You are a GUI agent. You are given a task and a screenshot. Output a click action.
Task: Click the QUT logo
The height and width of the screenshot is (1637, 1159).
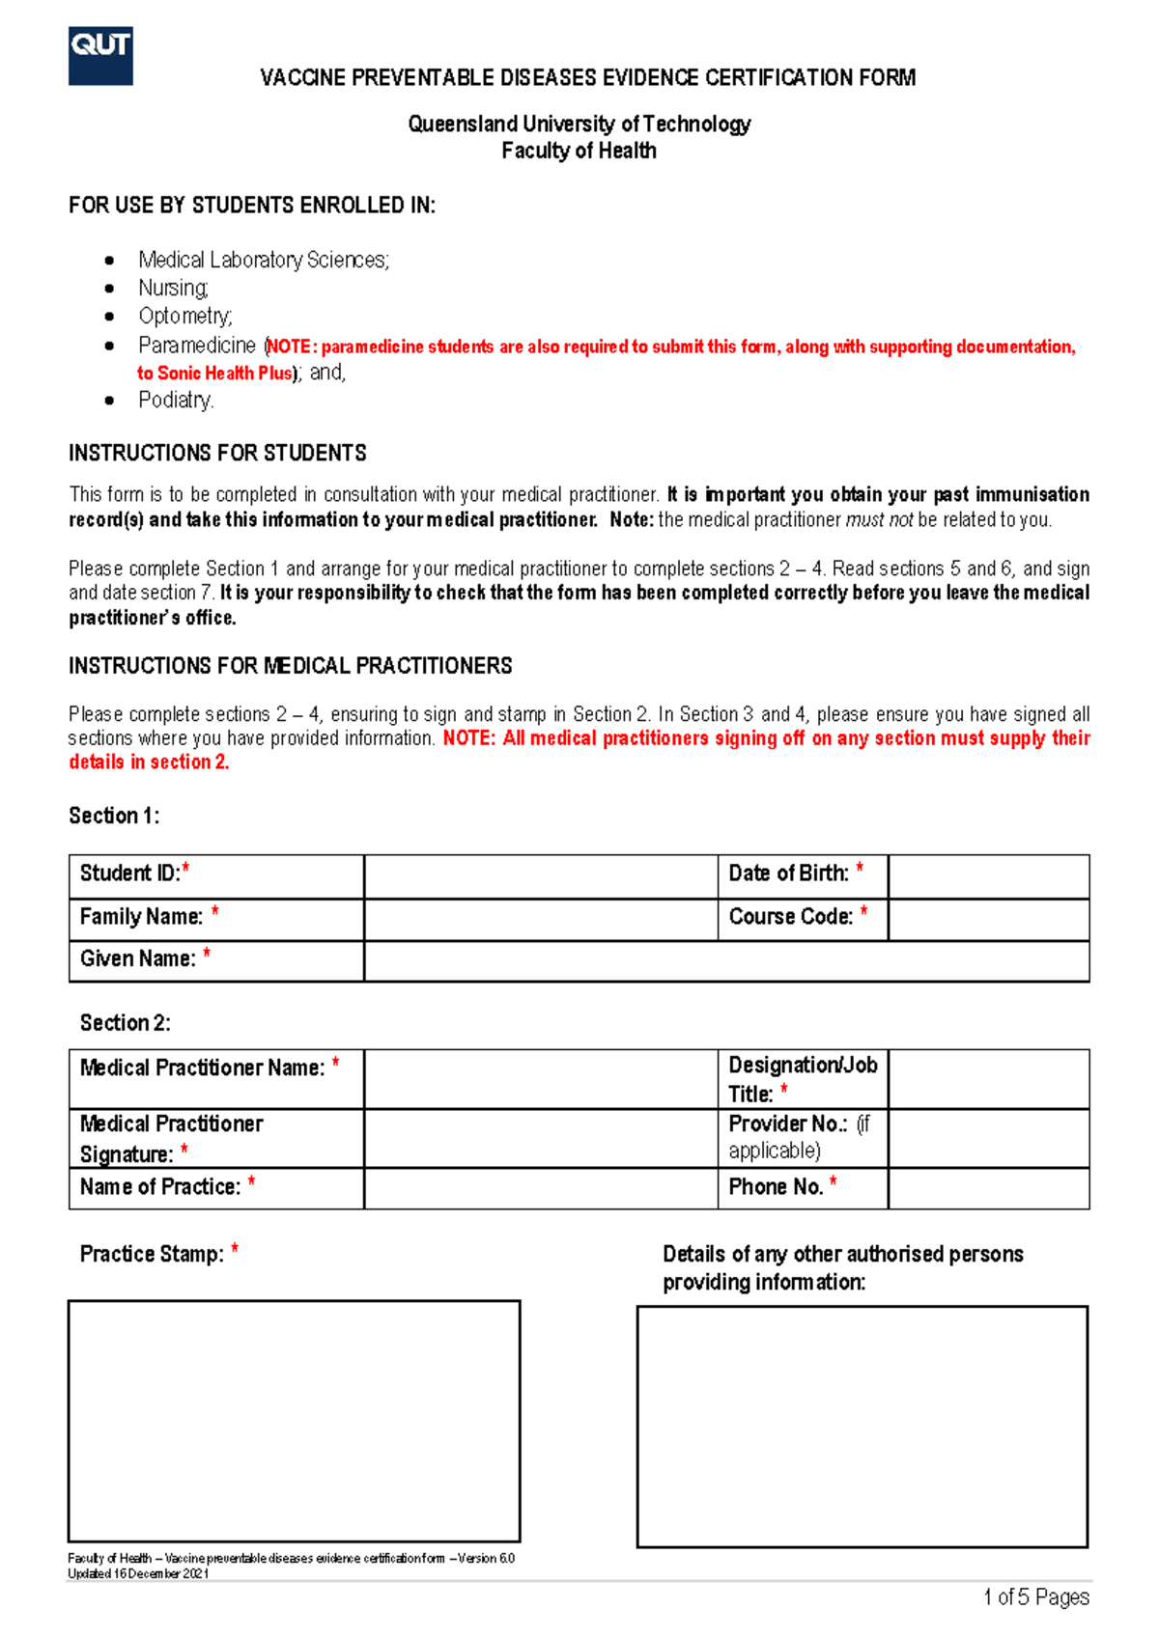(x=100, y=56)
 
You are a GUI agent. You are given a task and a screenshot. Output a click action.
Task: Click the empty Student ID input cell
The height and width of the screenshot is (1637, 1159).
(x=541, y=876)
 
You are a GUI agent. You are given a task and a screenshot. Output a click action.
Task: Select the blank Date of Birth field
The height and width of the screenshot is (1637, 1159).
(x=988, y=876)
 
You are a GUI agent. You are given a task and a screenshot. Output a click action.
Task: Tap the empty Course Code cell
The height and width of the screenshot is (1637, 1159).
(x=988, y=920)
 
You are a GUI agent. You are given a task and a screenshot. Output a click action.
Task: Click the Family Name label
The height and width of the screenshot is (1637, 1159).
(x=142, y=917)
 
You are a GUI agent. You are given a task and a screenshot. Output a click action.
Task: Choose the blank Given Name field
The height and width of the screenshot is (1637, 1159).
(x=726, y=961)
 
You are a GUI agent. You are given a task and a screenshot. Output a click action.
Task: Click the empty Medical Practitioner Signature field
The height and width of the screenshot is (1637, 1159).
(x=541, y=1138)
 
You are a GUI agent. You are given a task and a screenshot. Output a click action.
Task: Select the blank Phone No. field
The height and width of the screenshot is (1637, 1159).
(x=988, y=1188)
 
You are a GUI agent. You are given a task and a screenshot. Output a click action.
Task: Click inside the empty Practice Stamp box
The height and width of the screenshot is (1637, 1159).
(x=294, y=1421)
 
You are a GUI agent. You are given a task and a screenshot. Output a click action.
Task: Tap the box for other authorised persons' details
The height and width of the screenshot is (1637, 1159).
(x=862, y=1427)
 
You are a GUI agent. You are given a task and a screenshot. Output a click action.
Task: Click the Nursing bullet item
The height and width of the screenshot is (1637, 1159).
(x=173, y=288)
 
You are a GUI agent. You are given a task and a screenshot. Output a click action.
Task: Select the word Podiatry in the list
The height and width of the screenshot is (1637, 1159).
(x=175, y=400)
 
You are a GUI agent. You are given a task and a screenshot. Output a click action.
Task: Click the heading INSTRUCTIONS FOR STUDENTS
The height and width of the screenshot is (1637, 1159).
(x=217, y=453)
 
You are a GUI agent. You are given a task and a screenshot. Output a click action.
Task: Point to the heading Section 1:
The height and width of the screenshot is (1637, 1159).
(x=114, y=816)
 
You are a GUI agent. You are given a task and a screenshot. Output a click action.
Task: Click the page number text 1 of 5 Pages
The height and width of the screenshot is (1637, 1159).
(x=1035, y=1597)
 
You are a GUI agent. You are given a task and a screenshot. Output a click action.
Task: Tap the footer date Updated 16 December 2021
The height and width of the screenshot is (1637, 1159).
(x=138, y=1573)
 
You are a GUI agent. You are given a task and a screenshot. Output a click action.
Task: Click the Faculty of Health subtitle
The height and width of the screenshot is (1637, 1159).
(x=579, y=151)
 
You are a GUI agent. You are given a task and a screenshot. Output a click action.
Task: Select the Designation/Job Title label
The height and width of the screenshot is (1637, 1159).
(x=802, y=1078)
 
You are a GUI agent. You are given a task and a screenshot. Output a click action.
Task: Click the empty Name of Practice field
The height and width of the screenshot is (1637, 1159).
(x=541, y=1188)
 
